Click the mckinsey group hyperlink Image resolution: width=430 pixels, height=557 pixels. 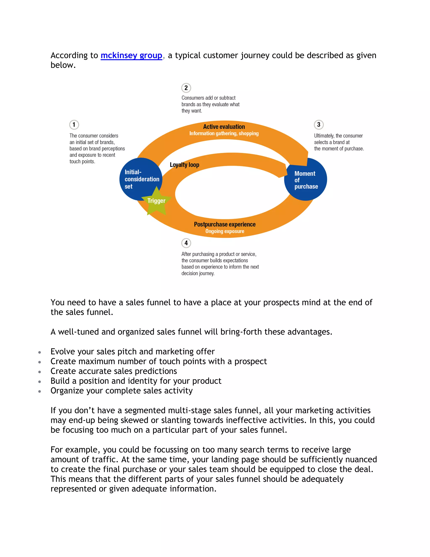point(131,55)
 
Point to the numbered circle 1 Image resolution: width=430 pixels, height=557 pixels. point(74,125)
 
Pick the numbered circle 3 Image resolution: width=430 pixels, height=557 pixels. point(319,125)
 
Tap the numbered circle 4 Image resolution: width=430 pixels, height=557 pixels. point(186,243)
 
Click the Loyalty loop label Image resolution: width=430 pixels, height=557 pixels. point(184,165)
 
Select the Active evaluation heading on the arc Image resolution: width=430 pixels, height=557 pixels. point(224,127)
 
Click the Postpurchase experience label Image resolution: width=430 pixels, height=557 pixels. point(225,224)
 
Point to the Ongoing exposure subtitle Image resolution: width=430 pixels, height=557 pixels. point(225,231)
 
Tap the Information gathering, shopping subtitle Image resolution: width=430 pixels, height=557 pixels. point(224,133)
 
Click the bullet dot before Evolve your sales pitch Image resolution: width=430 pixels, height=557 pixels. point(39,352)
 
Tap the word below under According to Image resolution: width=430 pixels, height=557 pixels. point(63,65)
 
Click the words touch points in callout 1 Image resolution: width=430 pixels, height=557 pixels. point(82,161)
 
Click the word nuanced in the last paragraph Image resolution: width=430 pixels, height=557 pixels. point(359,459)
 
